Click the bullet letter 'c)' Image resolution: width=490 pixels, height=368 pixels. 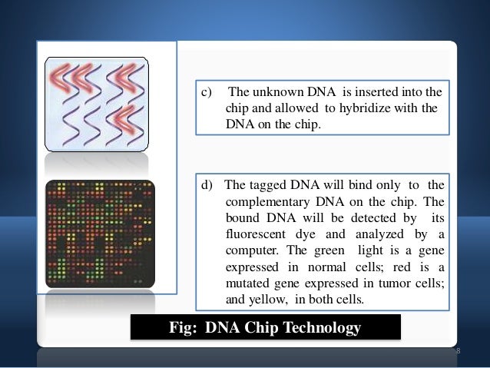pos(207,94)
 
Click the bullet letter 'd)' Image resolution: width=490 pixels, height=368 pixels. pos(207,185)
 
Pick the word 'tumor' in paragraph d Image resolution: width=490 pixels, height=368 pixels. pos(389,283)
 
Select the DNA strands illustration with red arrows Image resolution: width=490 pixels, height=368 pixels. pos(97,103)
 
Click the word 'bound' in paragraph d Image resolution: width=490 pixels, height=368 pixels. pos(243,218)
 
